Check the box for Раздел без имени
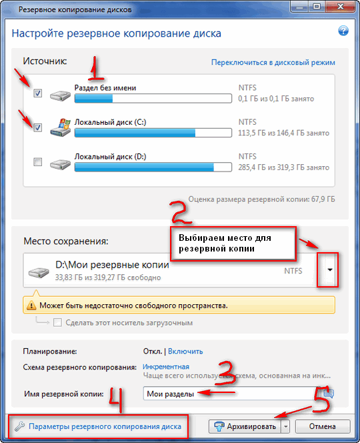point(38,93)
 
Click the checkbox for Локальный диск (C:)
point(38,127)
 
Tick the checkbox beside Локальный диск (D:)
point(38,162)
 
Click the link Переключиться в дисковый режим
point(273,63)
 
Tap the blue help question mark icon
point(343,31)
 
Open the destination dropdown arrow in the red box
point(330,270)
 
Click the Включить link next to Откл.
point(185,351)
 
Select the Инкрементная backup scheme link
point(166,367)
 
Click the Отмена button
point(323,426)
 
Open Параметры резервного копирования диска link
point(105,426)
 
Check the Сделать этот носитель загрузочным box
point(57,322)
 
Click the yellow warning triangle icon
point(31,305)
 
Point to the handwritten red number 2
point(181,212)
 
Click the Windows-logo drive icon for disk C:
point(61,127)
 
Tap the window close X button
point(340,7)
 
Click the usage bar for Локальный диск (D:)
point(153,167)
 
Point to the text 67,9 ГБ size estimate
point(323,199)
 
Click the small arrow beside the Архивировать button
point(286,426)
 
